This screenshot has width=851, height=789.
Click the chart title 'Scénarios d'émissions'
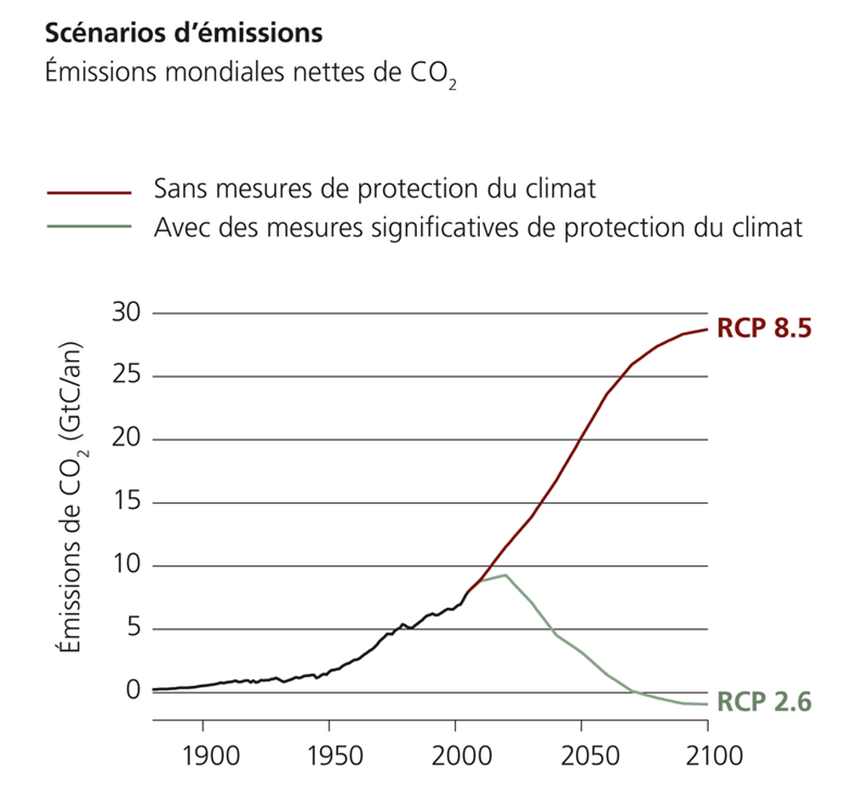click(x=183, y=34)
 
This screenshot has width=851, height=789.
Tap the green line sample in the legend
click(x=89, y=227)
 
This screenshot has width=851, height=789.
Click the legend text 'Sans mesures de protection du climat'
click(x=374, y=188)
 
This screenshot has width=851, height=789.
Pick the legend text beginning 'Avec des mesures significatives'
click(x=478, y=227)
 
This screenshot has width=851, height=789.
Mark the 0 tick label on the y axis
click(x=134, y=690)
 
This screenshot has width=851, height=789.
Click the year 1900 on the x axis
click(x=203, y=755)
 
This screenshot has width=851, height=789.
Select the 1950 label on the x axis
click(x=329, y=755)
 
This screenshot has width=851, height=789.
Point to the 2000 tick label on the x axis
click(x=455, y=755)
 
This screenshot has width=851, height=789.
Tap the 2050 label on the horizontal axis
click(x=581, y=755)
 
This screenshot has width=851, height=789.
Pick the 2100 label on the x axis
click(x=707, y=755)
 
